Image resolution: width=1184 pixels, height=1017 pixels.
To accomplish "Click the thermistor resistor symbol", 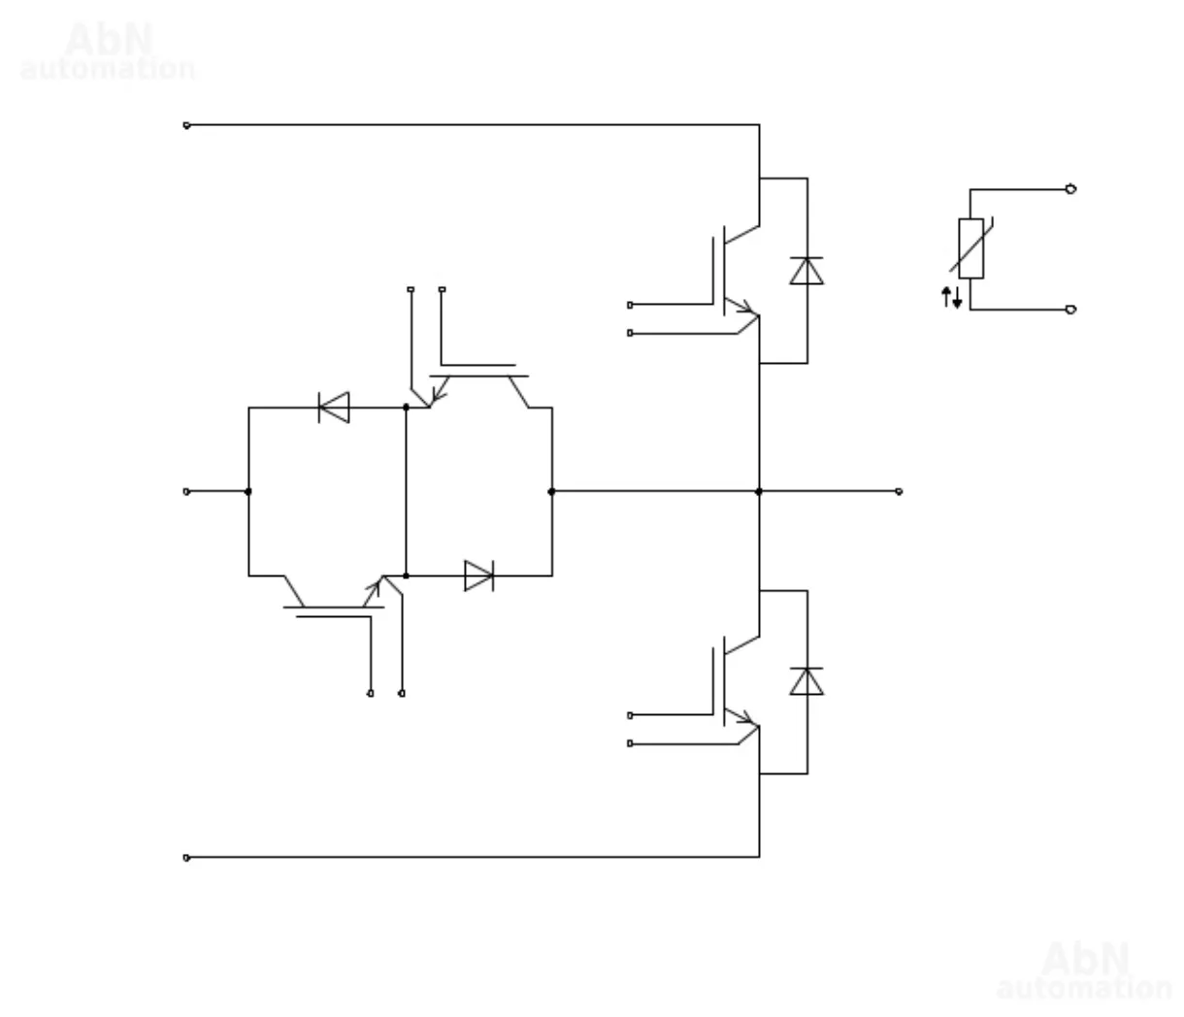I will pos(970,248).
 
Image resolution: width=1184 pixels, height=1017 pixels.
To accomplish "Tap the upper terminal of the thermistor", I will pos(1070,189).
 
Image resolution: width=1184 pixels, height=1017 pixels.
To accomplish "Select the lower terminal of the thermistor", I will pos(1070,310).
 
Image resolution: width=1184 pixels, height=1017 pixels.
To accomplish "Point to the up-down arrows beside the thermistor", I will pos(952,297).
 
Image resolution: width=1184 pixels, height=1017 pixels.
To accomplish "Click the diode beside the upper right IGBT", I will pos(806,271).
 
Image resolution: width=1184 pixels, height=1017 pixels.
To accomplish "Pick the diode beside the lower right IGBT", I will pos(806,681).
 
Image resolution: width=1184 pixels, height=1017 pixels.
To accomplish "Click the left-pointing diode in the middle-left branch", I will pos(334,408).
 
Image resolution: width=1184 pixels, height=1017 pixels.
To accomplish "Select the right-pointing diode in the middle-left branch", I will pos(478,575).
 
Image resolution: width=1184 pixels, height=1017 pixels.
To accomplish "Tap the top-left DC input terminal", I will pos(186,125).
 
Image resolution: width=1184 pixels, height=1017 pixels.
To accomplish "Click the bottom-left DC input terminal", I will pos(186,858).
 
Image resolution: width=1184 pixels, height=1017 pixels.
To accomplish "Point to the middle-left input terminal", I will pos(186,491).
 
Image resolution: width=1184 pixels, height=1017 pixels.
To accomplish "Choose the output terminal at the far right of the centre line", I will pos(899,491).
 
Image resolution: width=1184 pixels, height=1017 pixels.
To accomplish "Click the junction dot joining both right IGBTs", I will pos(759,491).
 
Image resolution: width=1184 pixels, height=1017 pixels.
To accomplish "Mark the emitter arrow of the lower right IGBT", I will pos(746,719).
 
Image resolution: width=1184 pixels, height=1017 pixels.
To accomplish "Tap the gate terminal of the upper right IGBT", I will pos(630,305).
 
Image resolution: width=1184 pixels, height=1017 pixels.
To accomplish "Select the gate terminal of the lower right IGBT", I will pos(630,715).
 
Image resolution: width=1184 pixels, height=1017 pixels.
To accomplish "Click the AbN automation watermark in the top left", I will pos(108,52).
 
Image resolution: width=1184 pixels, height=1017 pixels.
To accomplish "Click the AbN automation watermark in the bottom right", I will pos(1084,971).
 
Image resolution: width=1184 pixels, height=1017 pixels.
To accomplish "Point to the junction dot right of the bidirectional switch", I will pos(552,491).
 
